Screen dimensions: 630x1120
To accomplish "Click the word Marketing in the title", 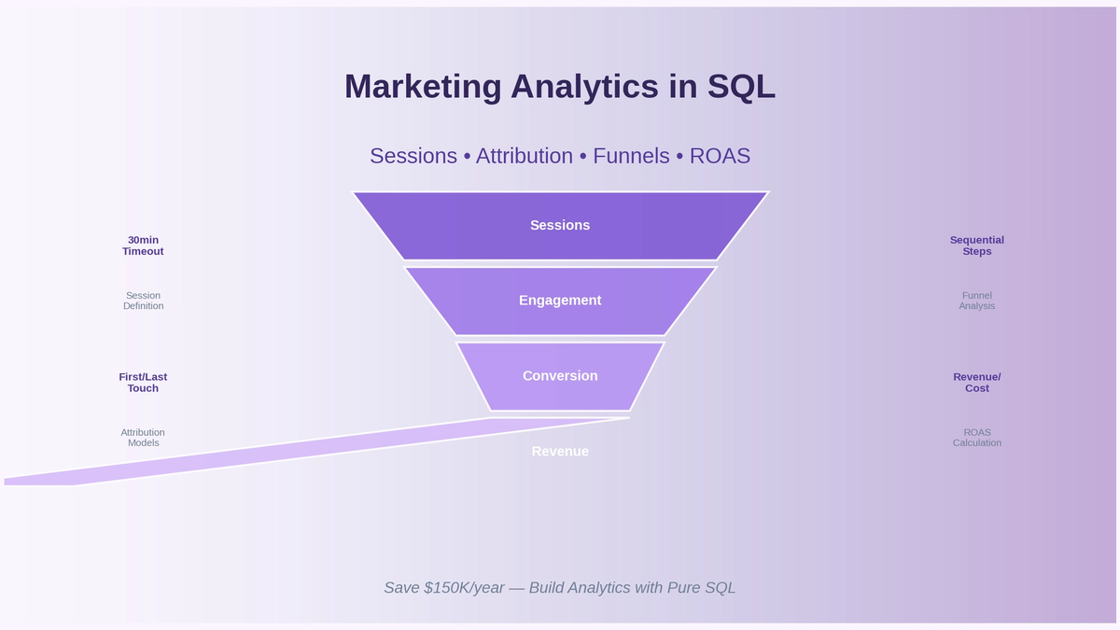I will tap(423, 87).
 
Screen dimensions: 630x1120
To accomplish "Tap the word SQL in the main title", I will tap(741, 87).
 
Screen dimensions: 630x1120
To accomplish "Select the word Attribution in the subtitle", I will tap(524, 156).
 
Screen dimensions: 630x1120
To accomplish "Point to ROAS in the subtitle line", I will tap(720, 156).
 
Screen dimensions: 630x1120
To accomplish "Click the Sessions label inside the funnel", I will tap(560, 225).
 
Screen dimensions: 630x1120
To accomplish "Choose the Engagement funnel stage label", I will tap(560, 301).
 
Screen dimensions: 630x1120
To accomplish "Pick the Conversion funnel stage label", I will tap(560, 376).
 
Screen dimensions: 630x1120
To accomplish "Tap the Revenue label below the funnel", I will tap(560, 452).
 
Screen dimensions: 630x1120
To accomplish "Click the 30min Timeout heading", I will tap(143, 245).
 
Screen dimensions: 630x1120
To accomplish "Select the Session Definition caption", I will tap(143, 301).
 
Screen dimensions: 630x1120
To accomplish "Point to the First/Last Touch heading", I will tap(143, 383).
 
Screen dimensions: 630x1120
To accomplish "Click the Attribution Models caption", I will tap(143, 438).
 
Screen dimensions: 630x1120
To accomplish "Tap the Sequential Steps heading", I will tap(977, 245).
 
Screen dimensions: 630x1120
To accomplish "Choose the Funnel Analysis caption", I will tap(977, 301).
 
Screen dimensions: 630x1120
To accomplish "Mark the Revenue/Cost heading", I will tap(977, 383).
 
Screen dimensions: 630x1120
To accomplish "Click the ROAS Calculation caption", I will tap(977, 438).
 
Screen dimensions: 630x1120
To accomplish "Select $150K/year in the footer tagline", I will tap(464, 588).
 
